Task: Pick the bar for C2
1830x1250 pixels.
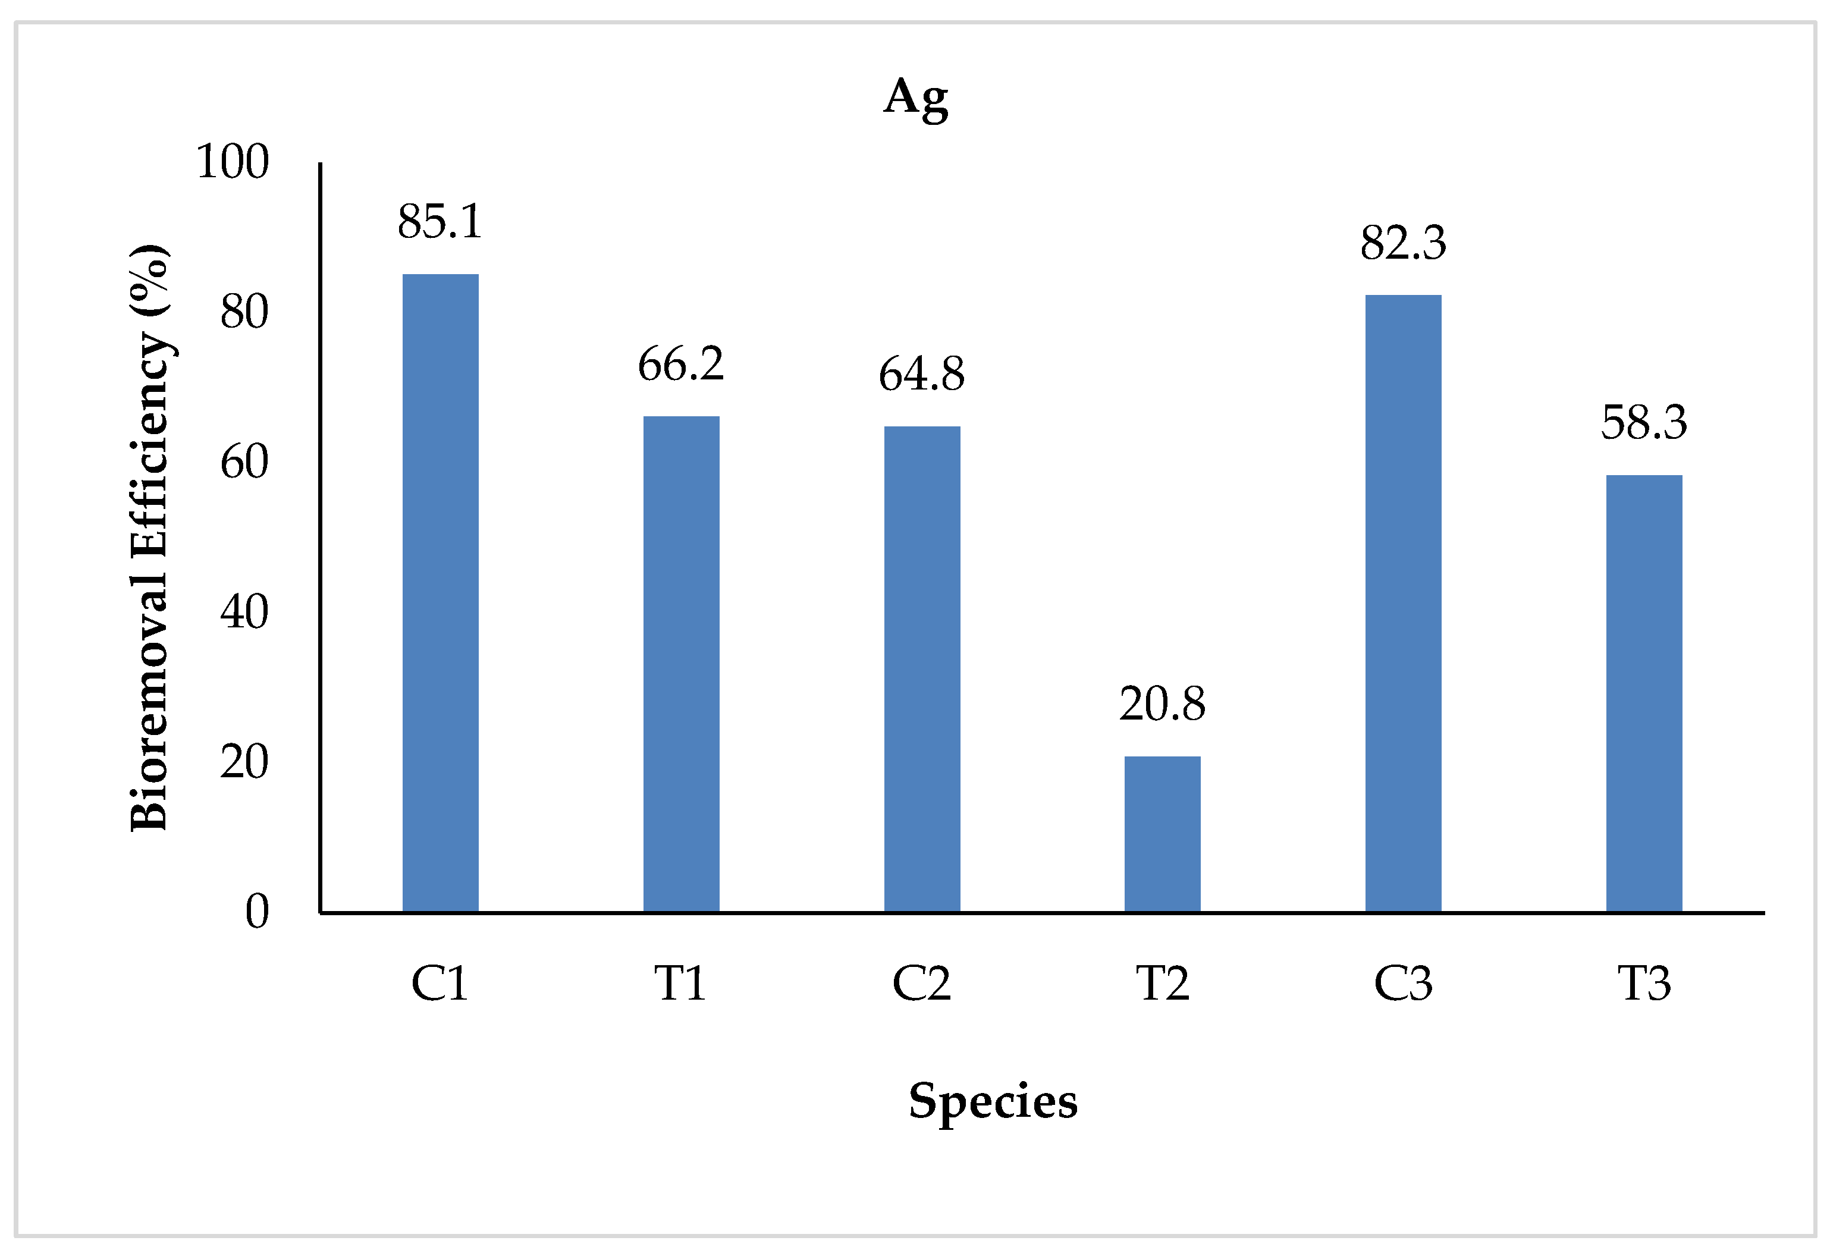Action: coord(922,669)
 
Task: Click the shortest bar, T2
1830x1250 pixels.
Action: coord(1162,834)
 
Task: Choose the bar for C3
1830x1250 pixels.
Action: coord(1403,603)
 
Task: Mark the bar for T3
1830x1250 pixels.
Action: coord(1644,693)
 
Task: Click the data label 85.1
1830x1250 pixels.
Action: coord(440,222)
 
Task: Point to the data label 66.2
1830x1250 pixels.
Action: coord(681,365)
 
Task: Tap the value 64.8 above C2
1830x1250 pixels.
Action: coord(922,375)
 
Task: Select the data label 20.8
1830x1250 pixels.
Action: coord(1162,705)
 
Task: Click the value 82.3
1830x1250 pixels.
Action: coord(1403,243)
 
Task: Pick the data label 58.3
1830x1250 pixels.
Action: coord(1644,423)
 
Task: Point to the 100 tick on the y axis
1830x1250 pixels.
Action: coord(233,162)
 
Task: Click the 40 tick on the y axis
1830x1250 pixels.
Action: coord(244,613)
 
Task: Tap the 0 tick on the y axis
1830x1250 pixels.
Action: coord(257,912)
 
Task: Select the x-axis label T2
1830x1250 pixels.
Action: coord(1162,984)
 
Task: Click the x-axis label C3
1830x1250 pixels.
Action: coord(1403,984)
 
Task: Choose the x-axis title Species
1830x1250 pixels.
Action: coord(993,1101)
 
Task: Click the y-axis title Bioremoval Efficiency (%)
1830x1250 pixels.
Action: coord(150,537)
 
